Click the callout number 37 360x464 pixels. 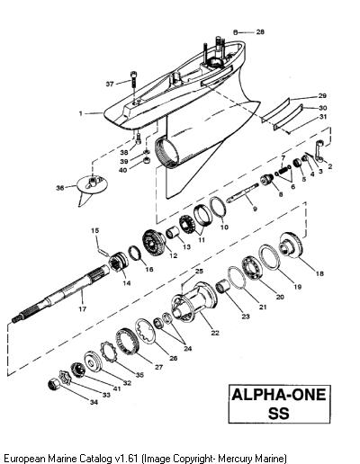pyautogui.click(x=110, y=85)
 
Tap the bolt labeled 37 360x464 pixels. pyautogui.click(x=133, y=82)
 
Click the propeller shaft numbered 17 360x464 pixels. pyautogui.click(x=61, y=293)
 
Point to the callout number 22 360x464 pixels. pyautogui.click(x=215, y=333)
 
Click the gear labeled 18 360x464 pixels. pyautogui.click(x=291, y=245)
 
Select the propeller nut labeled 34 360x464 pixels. pyautogui.click(x=54, y=385)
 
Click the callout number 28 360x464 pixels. pyautogui.click(x=260, y=32)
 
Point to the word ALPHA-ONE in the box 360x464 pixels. pyautogui.click(x=279, y=395)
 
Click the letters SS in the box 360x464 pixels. pyautogui.click(x=279, y=413)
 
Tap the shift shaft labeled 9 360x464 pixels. pyautogui.click(x=243, y=193)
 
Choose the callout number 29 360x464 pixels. pyautogui.click(x=322, y=96)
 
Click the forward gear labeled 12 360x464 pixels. pyautogui.click(x=154, y=243)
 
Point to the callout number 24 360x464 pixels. pyautogui.click(x=188, y=348)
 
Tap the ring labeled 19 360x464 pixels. pyautogui.click(x=270, y=257)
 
